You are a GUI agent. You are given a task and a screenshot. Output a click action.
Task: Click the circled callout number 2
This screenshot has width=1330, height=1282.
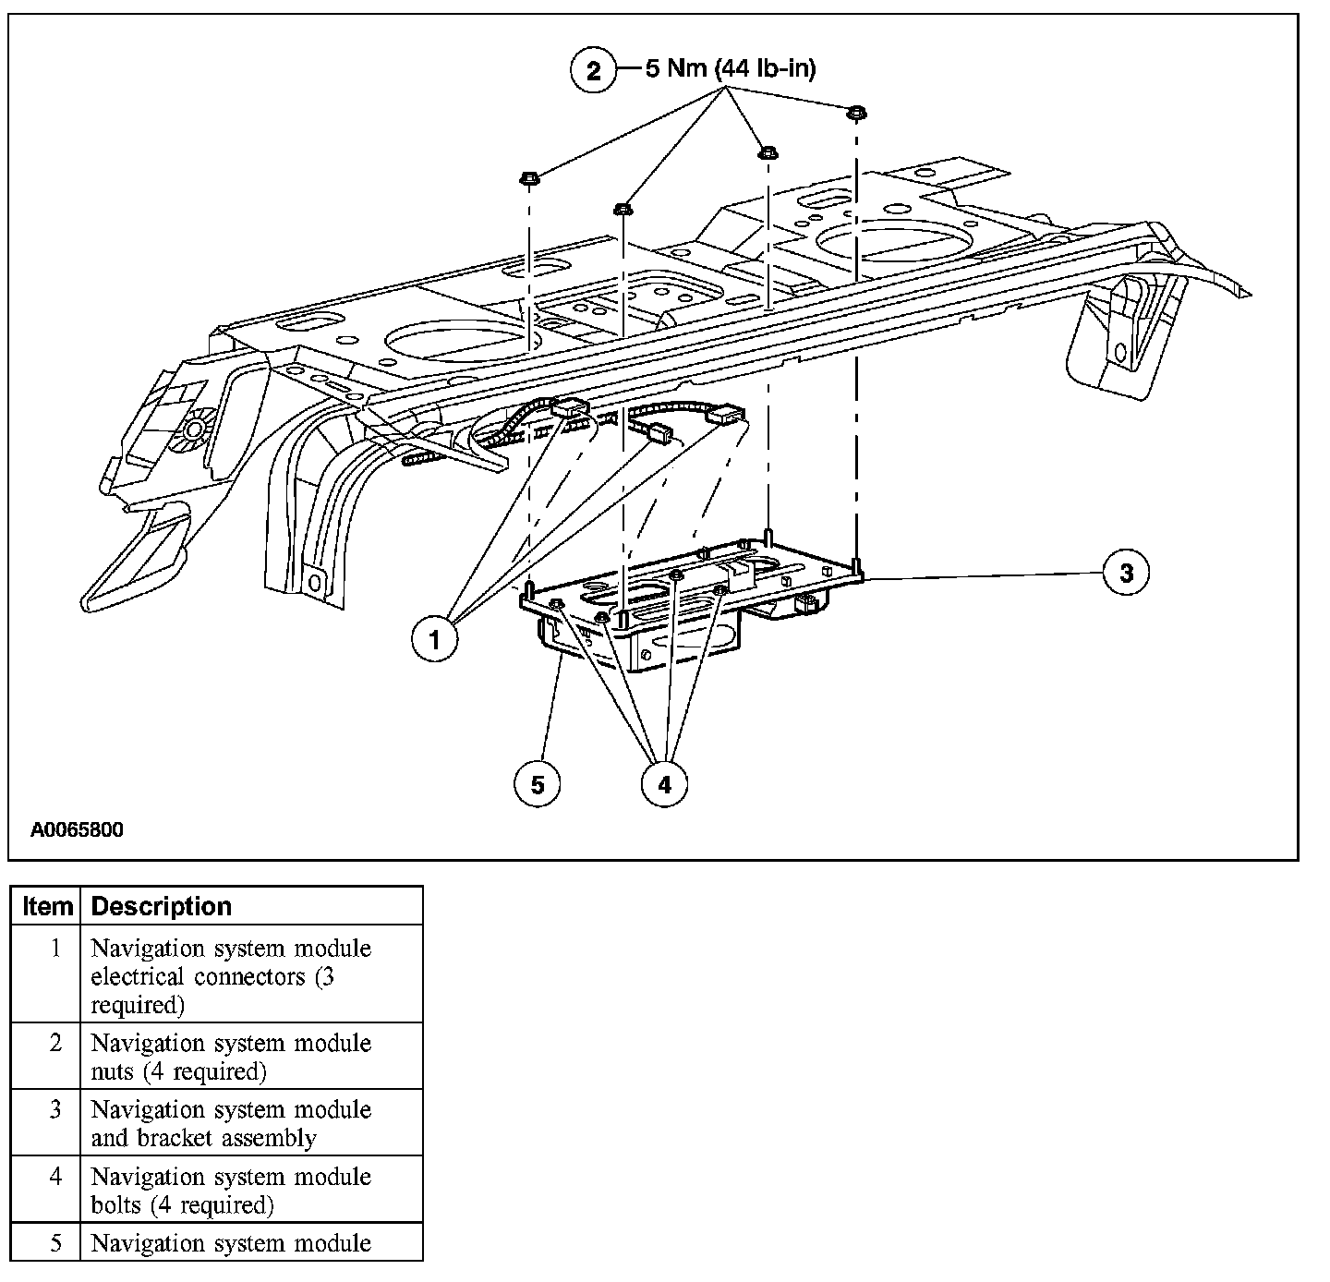click(x=593, y=71)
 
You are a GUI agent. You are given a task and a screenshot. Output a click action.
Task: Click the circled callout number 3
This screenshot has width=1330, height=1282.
click(x=1126, y=573)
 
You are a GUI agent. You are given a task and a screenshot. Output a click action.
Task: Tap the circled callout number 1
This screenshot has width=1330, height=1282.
click(x=435, y=638)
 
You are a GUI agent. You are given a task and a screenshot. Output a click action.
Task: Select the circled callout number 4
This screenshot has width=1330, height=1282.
click(x=665, y=784)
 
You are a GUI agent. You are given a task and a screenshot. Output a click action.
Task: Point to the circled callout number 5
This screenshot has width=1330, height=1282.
click(x=538, y=784)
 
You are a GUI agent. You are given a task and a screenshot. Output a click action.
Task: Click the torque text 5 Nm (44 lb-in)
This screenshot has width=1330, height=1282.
click(x=731, y=69)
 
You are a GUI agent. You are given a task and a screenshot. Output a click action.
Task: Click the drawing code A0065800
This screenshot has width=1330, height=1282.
click(x=77, y=829)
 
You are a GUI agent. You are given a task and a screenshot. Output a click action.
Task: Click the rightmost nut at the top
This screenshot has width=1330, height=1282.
click(x=856, y=113)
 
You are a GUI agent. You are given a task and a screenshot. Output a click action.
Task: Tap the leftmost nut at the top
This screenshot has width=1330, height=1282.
click(x=530, y=176)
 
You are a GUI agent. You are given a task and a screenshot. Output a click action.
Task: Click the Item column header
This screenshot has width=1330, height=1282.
click(x=47, y=906)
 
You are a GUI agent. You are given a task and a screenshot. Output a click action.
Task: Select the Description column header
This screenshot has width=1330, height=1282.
click(x=162, y=906)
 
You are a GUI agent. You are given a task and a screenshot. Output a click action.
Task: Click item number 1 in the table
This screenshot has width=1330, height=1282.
click(x=55, y=949)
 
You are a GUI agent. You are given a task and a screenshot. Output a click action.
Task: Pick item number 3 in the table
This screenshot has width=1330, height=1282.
click(x=55, y=1109)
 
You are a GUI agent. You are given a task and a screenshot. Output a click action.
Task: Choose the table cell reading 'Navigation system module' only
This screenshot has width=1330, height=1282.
click(x=231, y=1243)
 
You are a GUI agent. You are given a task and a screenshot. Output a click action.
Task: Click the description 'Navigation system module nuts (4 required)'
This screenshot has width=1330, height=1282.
click(x=231, y=1057)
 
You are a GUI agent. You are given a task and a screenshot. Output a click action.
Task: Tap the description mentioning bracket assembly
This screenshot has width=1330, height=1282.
click(x=231, y=1123)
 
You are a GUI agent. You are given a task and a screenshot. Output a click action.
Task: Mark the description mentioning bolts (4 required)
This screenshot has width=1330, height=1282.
click(x=231, y=1191)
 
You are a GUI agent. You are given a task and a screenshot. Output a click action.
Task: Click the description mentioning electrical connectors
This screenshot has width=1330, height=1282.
click(x=231, y=976)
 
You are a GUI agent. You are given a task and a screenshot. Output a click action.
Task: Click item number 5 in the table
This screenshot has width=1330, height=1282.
click(x=55, y=1243)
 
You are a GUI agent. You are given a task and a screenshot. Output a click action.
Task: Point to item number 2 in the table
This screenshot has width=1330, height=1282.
click(x=55, y=1043)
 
